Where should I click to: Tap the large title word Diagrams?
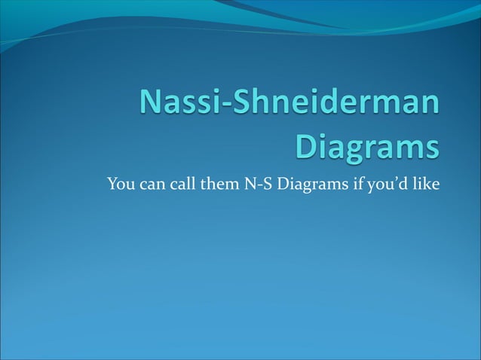click(x=366, y=145)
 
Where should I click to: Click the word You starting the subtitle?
click(x=120, y=183)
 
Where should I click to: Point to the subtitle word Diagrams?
click(x=311, y=185)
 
